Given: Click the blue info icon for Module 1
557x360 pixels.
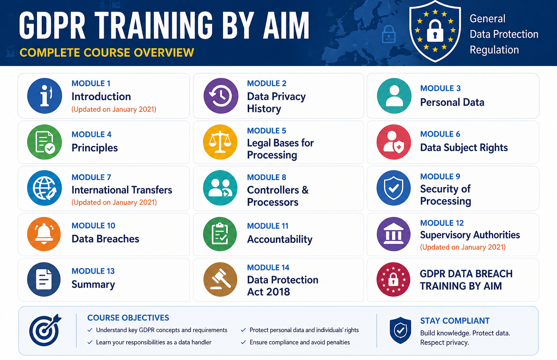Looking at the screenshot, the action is pos(45,96).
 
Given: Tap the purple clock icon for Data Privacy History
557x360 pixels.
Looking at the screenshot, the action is pos(221,96).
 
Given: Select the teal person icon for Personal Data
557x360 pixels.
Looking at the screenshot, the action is pos(394,96).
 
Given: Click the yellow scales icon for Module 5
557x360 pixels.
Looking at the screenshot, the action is pos(220,142).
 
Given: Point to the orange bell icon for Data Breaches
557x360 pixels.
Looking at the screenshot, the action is pos(44,234).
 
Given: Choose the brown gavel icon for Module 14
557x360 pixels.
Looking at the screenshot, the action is pos(220,279).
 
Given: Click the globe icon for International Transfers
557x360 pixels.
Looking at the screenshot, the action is pos(45,188).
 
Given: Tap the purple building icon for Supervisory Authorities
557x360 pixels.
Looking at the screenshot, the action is pos(393,234).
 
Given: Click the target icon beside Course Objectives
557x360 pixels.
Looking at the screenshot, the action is pos(45,330).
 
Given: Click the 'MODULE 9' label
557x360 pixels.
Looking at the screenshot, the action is pos(440,176).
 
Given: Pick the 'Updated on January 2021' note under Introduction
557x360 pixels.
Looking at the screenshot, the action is pos(114,109).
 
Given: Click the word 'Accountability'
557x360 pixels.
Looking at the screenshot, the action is pos(280,240).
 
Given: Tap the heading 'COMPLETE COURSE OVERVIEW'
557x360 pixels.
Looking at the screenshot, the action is pos(107,53).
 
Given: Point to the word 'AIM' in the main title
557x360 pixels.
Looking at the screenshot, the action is pos(286,25).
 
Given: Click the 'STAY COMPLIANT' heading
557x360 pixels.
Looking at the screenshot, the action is pos(455,321).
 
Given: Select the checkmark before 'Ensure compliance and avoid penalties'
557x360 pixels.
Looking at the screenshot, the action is pos(243,342).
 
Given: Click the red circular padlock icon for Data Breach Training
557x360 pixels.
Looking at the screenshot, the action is pos(393,279).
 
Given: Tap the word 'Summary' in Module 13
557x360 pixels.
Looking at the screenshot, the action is pos(93,285).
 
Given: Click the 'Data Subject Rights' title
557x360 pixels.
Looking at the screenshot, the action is pos(464,148).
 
